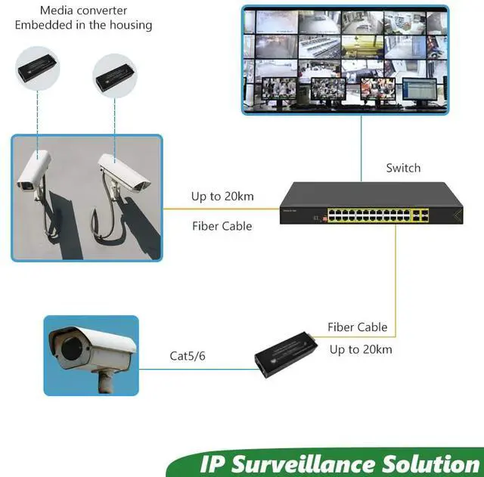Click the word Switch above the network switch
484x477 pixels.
click(403, 168)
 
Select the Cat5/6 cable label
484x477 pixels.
click(188, 355)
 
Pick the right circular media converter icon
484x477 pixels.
click(115, 76)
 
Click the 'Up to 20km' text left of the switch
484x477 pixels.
click(222, 197)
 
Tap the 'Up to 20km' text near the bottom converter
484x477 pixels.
click(361, 349)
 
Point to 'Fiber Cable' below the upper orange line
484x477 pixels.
click(222, 226)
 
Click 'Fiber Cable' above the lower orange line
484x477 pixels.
click(357, 327)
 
